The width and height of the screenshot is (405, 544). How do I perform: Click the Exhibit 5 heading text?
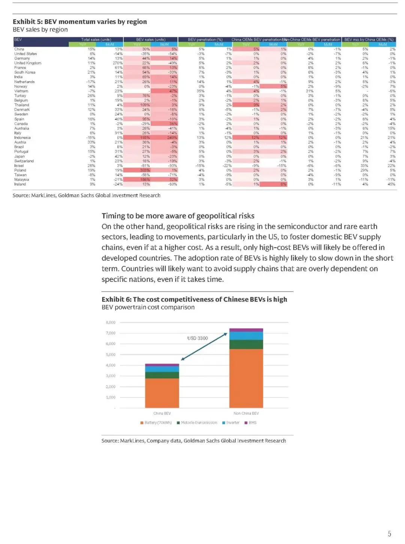tap(80, 22)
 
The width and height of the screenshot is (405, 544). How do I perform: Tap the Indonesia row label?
tap(22, 138)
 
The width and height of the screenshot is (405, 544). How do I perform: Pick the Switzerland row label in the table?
tap(24, 161)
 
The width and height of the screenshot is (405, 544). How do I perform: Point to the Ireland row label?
tap(20, 184)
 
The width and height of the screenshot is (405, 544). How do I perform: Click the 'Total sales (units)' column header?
tap(96, 39)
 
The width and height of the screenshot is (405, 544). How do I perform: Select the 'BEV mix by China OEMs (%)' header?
tap(369, 39)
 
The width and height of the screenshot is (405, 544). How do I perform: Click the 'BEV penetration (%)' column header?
tap(205, 39)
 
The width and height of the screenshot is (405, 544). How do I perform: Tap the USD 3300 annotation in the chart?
tap(198, 338)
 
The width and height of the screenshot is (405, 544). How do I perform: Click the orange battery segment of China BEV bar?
tap(162, 393)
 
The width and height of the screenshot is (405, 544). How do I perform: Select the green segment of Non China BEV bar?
tap(246, 345)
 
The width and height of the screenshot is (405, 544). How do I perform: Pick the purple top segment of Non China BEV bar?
tap(246, 330)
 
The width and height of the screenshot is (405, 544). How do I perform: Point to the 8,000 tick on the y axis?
tap(111, 322)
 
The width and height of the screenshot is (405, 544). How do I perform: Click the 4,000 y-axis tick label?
tap(111, 365)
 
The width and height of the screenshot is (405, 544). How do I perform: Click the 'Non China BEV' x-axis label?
tap(246, 413)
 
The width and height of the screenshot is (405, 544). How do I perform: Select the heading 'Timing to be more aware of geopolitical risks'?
tap(178, 216)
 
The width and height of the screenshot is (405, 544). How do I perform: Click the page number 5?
tap(389, 534)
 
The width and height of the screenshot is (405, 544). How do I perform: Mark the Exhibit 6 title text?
tap(194, 299)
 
